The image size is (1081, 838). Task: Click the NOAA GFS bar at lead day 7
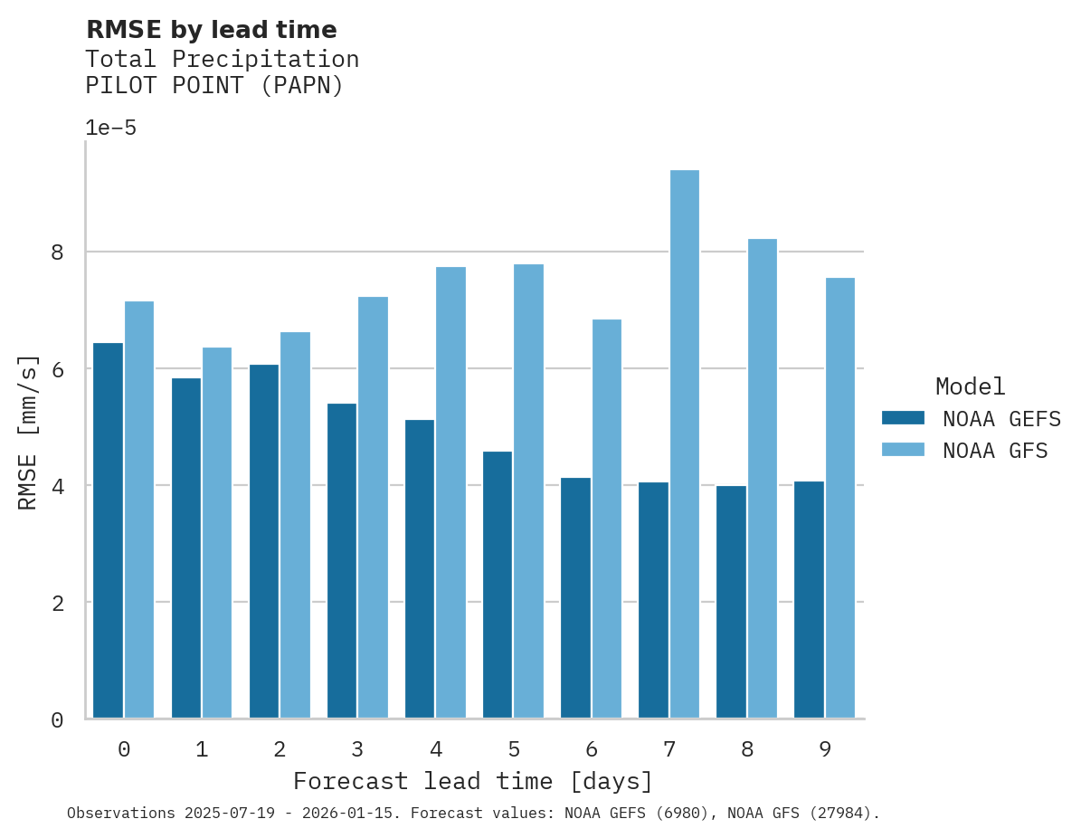[684, 443]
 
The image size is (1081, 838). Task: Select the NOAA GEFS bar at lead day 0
[108, 530]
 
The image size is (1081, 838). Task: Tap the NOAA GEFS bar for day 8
[731, 602]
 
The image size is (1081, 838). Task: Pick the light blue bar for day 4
[450, 492]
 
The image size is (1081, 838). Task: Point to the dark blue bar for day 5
[498, 585]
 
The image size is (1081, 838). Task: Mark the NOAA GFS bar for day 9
[839, 498]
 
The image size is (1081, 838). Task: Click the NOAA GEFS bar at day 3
[342, 560]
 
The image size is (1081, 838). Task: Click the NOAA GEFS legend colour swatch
[903, 418]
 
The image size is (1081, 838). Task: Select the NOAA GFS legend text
[995, 451]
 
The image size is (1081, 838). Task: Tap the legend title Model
[970, 387]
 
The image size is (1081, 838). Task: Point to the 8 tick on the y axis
[57, 252]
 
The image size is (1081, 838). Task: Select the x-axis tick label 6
[592, 749]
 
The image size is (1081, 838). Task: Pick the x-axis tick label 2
[280, 749]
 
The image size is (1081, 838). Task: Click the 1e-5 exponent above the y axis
[110, 129]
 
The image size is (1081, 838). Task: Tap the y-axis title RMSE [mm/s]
[28, 433]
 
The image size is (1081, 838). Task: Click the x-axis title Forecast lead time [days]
[472, 781]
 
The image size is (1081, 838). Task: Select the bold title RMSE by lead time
[211, 31]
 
